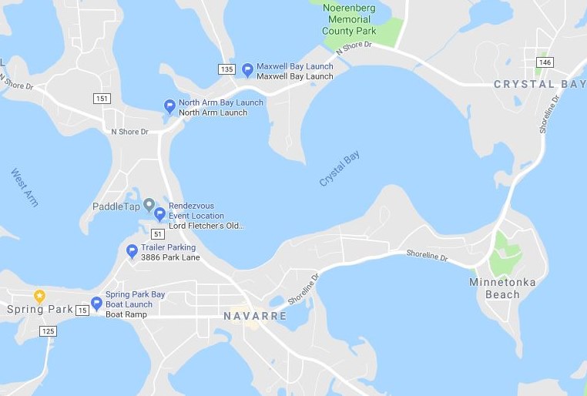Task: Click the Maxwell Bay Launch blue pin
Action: pyautogui.click(x=247, y=70)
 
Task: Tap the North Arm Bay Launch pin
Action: pyautogui.click(x=170, y=106)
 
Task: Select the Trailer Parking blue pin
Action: pyautogui.click(x=132, y=251)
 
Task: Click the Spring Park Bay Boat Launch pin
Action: pyautogui.click(x=96, y=304)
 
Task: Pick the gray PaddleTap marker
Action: pyautogui.click(x=149, y=204)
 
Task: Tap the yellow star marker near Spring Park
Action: pyautogui.click(x=39, y=296)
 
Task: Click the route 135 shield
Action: pyautogui.click(x=226, y=69)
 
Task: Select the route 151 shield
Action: pyautogui.click(x=102, y=98)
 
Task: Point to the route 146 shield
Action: pyautogui.click(x=545, y=62)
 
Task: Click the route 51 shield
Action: pyautogui.click(x=158, y=233)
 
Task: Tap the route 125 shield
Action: pyautogui.click(x=48, y=331)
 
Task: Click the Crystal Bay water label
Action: pyautogui.click(x=340, y=169)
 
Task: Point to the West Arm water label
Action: pyautogui.click(x=25, y=187)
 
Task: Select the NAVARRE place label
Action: pyautogui.click(x=255, y=317)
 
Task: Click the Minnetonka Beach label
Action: pyautogui.click(x=502, y=288)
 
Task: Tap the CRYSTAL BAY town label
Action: pyautogui.click(x=535, y=84)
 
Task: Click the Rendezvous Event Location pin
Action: pyautogui.click(x=159, y=214)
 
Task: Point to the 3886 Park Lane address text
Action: pyautogui.click(x=170, y=257)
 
